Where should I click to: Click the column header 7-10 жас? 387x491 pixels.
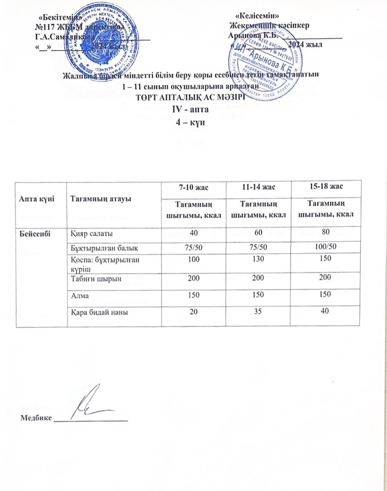coord(193,187)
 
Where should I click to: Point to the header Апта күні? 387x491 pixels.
coord(35,198)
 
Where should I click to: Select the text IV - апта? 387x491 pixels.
coord(191,109)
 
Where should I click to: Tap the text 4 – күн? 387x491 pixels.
coord(191,122)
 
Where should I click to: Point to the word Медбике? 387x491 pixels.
coord(36,418)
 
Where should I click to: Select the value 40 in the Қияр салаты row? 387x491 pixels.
coord(193,233)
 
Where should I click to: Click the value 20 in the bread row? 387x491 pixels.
coord(193,312)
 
